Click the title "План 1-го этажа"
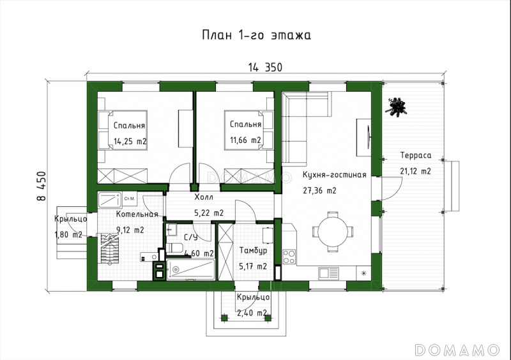[x=256, y=35]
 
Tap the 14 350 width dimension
[x=265, y=68]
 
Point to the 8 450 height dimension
[x=42, y=186]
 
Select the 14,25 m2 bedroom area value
[x=130, y=142]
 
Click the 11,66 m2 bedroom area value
[x=245, y=140]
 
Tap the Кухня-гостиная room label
[x=334, y=175]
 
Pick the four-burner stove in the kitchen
[x=289, y=257]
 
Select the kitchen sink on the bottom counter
[x=328, y=273]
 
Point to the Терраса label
[x=416, y=155]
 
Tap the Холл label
[x=204, y=197]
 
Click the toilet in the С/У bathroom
[x=173, y=248]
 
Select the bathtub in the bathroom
[x=191, y=269]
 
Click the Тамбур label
[x=253, y=251]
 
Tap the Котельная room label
[x=137, y=214]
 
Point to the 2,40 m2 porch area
[x=253, y=313]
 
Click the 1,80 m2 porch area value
[x=68, y=234]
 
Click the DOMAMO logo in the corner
[x=457, y=350]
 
